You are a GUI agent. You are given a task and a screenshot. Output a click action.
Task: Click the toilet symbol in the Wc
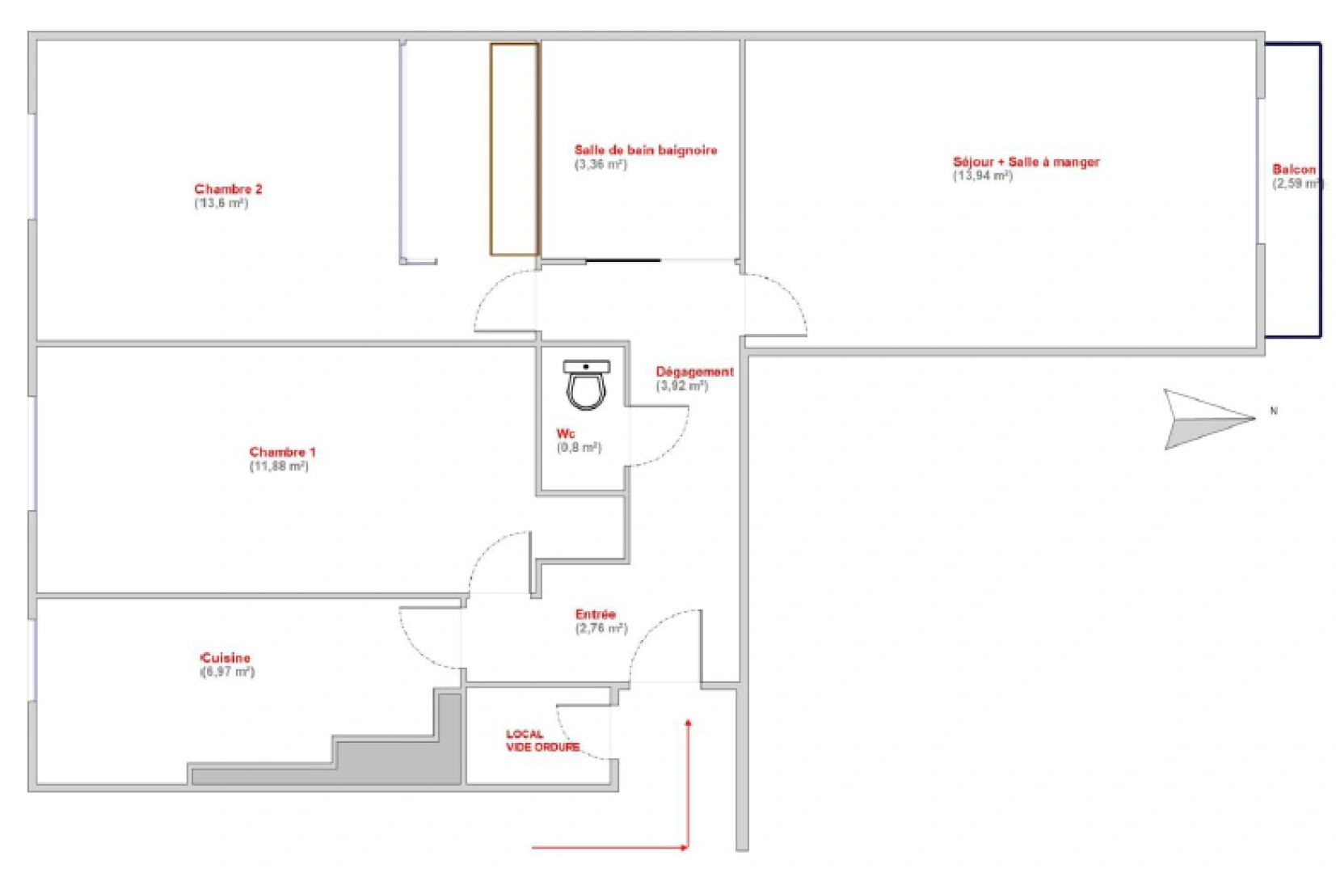point(586,385)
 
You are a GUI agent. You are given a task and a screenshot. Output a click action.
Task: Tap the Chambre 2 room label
point(228,189)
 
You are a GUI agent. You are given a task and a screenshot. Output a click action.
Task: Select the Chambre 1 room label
point(282,452)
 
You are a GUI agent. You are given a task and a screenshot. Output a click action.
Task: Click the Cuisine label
point(225,658)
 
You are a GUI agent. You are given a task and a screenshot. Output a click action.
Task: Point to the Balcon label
point(1294,170)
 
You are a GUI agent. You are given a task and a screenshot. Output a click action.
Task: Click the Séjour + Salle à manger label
point(1026,162)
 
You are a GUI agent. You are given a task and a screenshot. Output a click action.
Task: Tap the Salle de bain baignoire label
point(645,150)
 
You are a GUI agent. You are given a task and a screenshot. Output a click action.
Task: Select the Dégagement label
point(695,372)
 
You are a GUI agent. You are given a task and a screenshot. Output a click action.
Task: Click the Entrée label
point(595,614)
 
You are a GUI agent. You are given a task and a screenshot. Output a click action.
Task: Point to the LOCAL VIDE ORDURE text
point(543,740)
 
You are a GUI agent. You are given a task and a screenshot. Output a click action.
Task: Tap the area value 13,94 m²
point(982,176)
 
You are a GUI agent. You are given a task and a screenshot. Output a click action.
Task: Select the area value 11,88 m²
point(279,466)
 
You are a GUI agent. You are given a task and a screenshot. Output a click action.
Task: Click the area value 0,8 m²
point(579,447)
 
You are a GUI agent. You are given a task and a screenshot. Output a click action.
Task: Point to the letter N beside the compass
point(1274,411)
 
